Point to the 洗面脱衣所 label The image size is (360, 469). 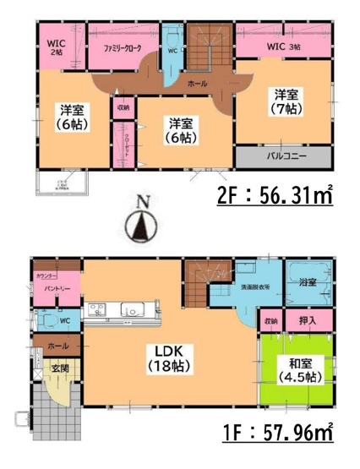click(250, 287)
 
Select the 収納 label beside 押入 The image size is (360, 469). click(270, 321)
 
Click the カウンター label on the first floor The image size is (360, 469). click(46, 275)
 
